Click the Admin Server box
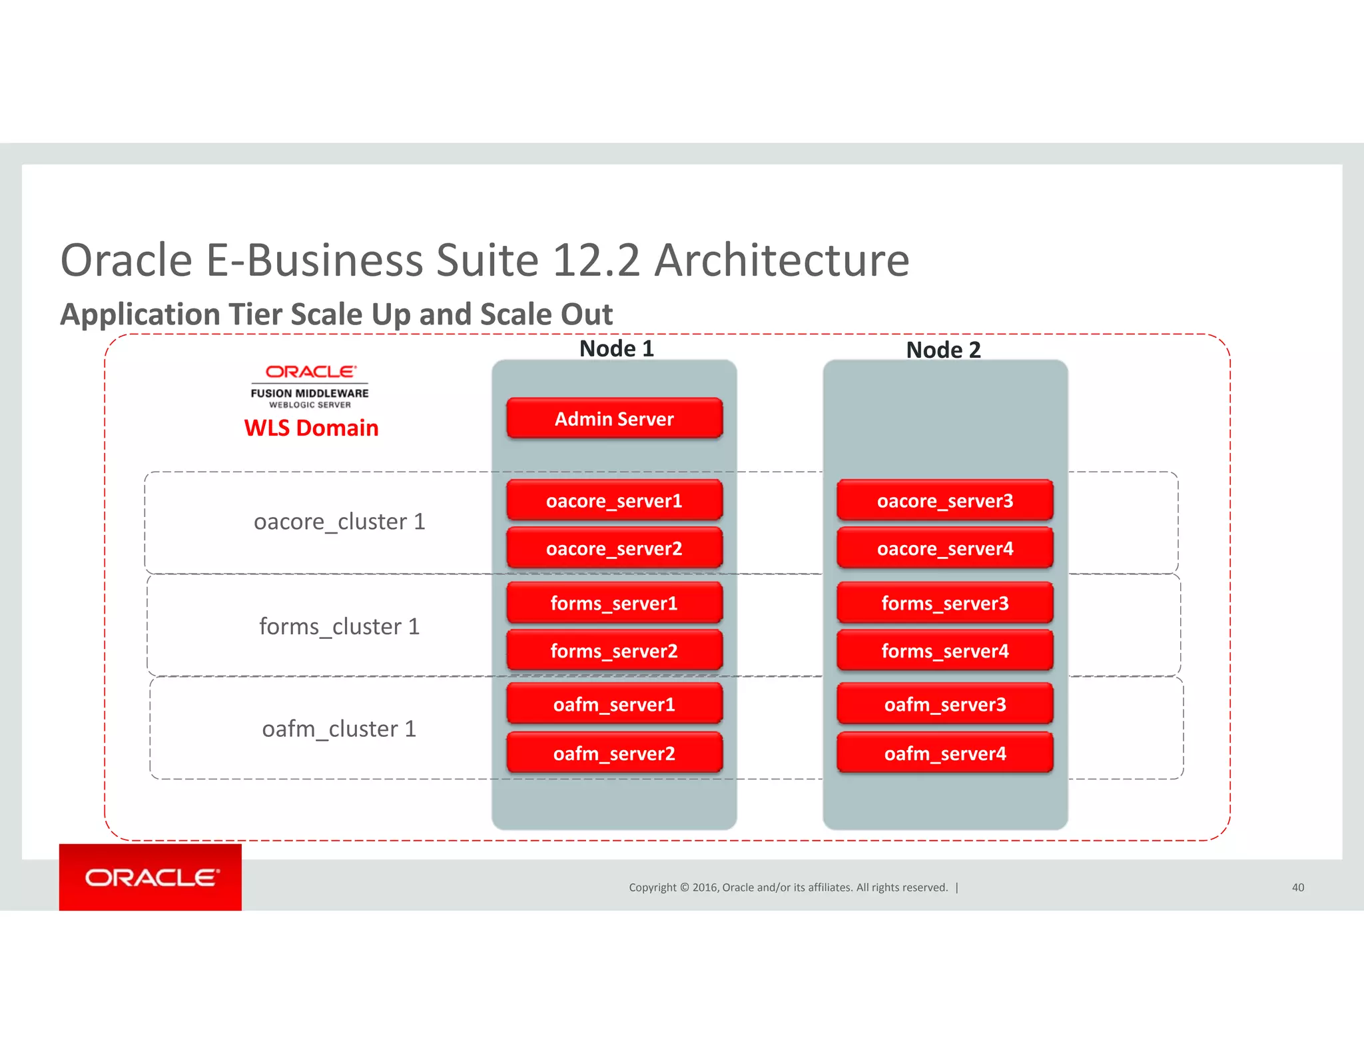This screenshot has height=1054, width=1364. click(614, 418)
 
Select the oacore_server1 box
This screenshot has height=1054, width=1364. click(614, 500)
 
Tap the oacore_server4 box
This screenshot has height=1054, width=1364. click(944, 548)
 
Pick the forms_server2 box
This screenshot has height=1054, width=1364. click(614, 650)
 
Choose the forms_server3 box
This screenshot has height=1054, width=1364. click(944, 603)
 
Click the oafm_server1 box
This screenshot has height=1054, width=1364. click(614, 704)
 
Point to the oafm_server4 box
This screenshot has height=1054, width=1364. click(944, 753)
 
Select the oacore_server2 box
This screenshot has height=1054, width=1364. click(614, 548)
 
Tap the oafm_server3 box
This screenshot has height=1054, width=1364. click(944, 704)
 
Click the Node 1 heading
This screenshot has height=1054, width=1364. click(617, 348)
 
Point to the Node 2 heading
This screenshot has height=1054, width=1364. click(943, 350)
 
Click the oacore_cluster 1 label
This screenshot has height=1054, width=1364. click(339, 522)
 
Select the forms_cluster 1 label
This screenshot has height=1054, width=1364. click(339, 626)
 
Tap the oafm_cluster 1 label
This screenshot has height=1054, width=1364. click(339, 729)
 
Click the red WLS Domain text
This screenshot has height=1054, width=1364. click(311, 428)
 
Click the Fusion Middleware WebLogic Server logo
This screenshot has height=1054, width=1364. click(310, 386)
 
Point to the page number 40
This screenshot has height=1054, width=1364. click(1297, 887)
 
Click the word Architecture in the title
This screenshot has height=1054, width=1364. click(781, 260)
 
